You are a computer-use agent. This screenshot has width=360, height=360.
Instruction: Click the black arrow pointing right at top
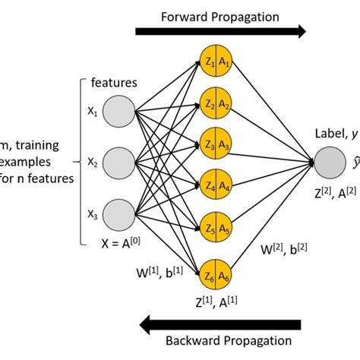coord(220,31)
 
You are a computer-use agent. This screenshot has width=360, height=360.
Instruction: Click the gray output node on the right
coord(331,161)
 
